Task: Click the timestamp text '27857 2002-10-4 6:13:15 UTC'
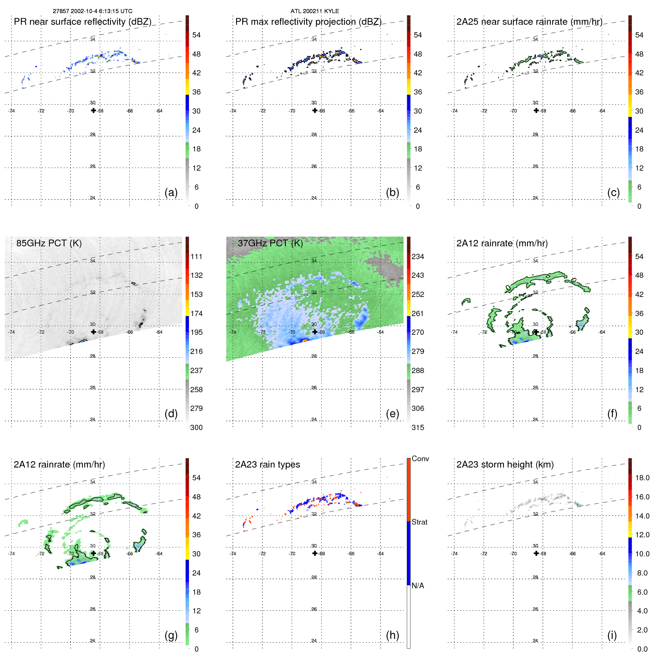pos(92,11)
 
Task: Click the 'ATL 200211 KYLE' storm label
pos(315,11)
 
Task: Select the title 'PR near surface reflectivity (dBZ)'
pos(82,22)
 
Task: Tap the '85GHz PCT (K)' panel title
pos(49,243)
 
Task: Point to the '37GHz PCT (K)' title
pos(270,243)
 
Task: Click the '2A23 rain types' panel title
pos(267,465)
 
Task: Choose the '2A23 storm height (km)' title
pos(505,465)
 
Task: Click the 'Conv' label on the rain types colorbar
pos(420,459)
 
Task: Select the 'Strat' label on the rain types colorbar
pos(419,522)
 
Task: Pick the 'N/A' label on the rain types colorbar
pos(418,586)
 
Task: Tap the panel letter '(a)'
pos(171,192)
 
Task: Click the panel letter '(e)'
pos(392,414)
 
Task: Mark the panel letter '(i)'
pos(612,635)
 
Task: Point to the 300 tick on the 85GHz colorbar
pos(196,427)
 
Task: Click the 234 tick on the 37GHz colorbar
pos(418,256)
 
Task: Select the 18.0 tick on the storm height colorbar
pos(642,478)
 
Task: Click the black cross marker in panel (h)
pos(315,553)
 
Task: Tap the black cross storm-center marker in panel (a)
pos(93,111)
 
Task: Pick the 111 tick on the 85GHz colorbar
pos(196,256)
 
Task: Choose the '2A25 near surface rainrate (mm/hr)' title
pos(529,22)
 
